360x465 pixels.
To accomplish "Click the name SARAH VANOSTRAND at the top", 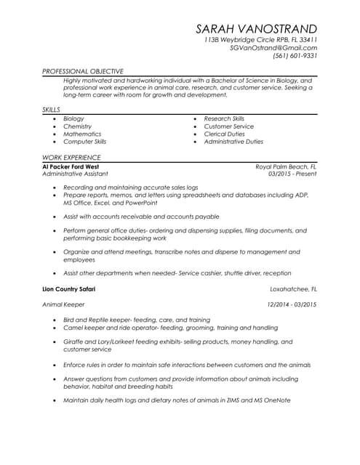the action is (x=256, y=28).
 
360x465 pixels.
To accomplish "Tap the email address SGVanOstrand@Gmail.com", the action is (x=273, y=47).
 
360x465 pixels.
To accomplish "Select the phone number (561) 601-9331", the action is (x=295, y=55).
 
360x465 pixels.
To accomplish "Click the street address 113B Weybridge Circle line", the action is (x=260, y=39).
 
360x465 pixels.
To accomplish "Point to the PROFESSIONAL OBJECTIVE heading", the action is (x=82, y=71).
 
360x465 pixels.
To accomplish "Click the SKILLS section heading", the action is (x=51, y=109).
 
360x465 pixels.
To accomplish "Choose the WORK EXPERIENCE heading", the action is (x=71, y=157).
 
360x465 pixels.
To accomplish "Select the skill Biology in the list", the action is (x=73, y=118).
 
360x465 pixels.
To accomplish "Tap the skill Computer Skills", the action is (x=84, y=142).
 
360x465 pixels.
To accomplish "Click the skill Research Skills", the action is (x=224, y=118).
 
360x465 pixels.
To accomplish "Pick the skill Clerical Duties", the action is (x=224, y=134).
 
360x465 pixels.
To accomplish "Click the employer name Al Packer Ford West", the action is (x=71, y=166).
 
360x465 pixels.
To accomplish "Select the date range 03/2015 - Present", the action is (x=292, y=174).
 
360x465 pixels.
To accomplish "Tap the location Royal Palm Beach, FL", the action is (x=286, y=166).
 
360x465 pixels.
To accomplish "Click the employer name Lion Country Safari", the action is (x=69, y=289).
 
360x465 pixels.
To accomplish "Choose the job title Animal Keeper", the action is (x=63, y=304).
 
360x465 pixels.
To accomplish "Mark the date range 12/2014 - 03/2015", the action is (x=292, y=304).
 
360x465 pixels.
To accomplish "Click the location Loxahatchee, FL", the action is (x=293, y=289).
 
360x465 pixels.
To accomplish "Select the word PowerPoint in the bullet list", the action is (x=140, y=203).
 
